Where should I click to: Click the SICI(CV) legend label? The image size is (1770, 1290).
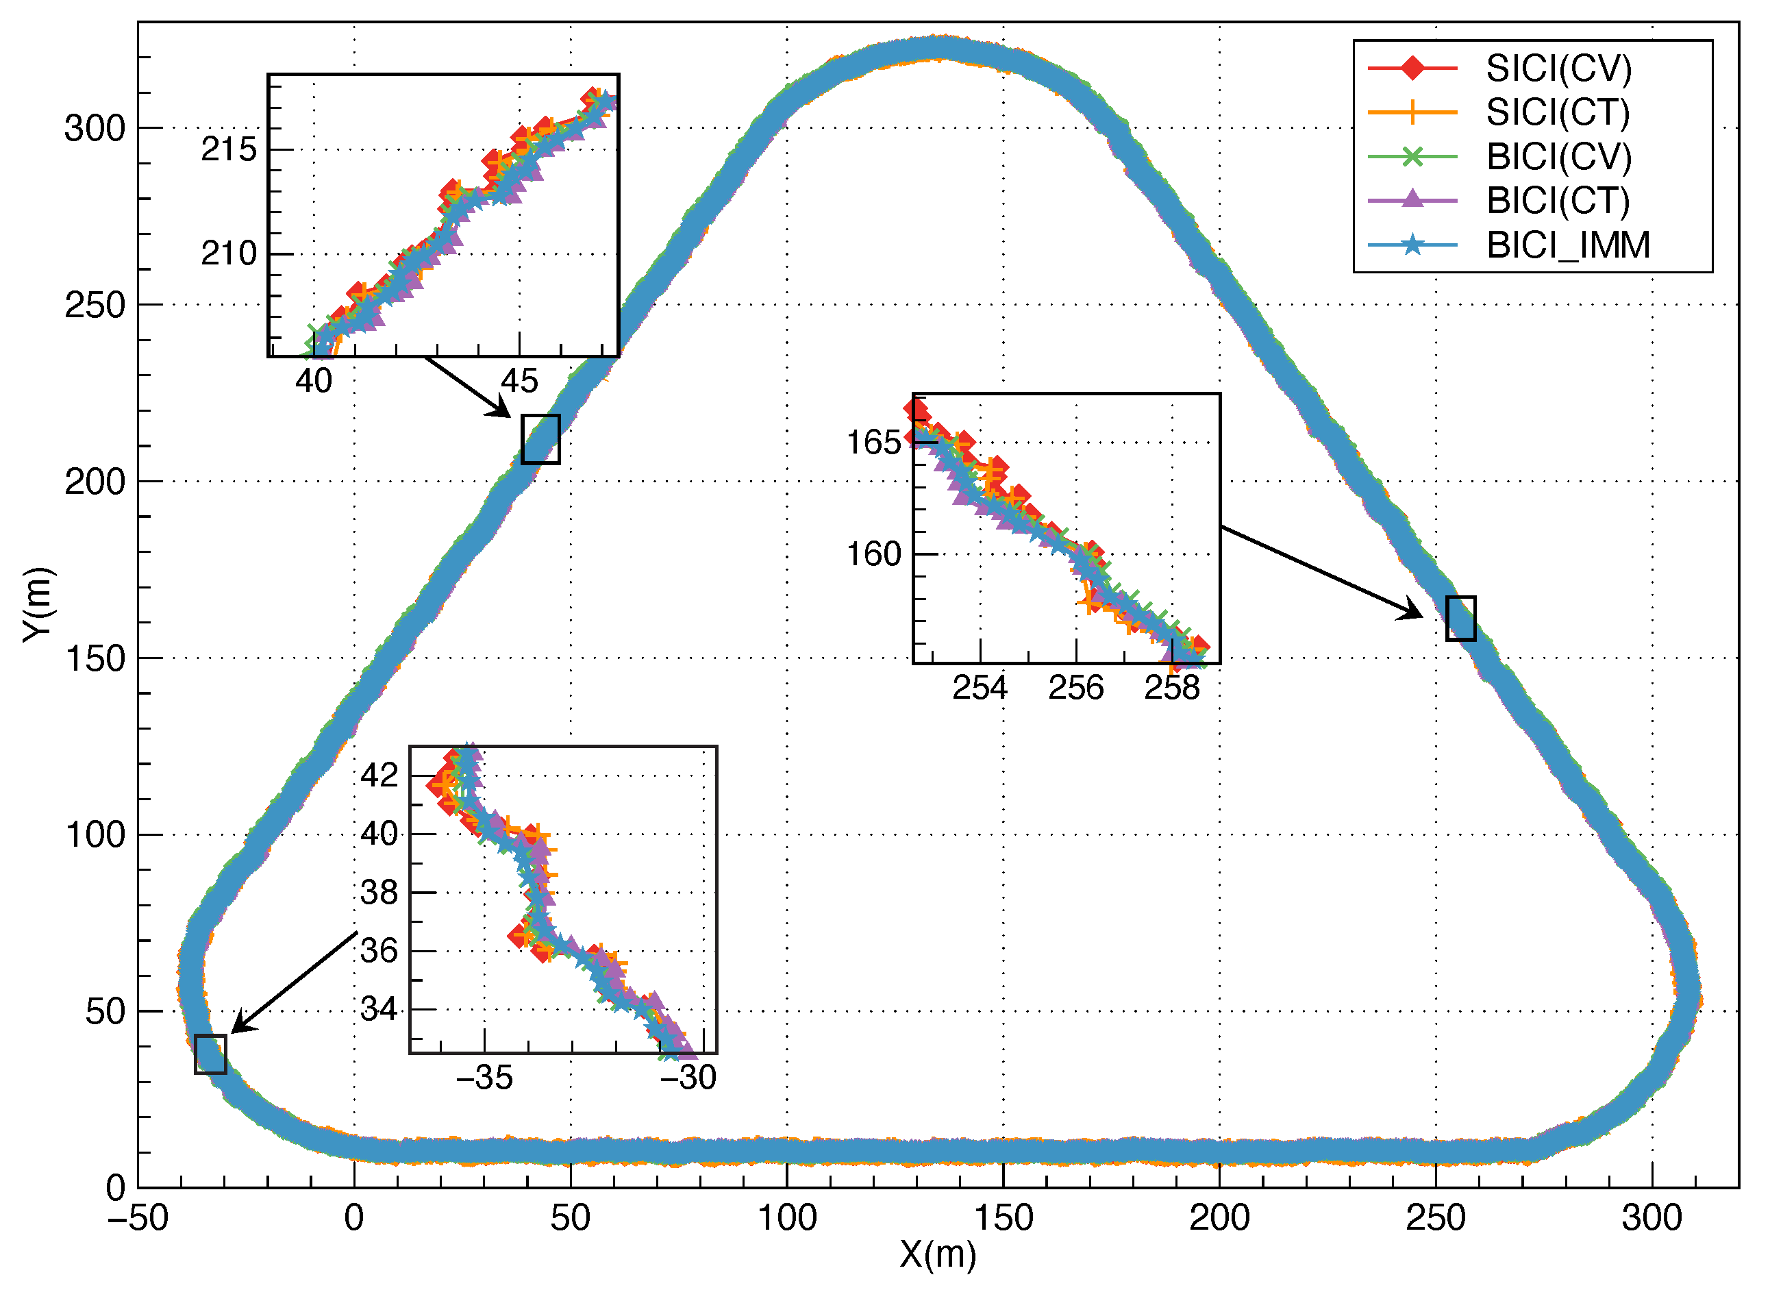[1558, 69]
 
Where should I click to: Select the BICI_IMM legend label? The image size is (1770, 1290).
[1568, 245]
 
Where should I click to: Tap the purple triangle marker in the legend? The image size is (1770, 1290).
[1412, 200]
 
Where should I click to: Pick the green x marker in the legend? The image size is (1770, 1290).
[1412, 156]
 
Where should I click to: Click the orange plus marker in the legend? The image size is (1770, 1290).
[1412, 112]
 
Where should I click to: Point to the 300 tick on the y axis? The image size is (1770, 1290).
[95, 128]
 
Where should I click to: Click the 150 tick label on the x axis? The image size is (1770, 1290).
[1004, 1217]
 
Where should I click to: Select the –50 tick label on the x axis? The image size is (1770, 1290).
[138, 1217]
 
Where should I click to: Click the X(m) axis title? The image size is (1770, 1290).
[938, 1255]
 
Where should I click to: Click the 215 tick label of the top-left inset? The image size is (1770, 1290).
[228, 149]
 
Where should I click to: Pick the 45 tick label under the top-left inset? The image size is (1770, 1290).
[519, 381]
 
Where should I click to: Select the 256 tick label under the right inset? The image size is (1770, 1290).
[1075, 688]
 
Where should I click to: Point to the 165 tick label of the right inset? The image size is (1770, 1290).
[873, 443]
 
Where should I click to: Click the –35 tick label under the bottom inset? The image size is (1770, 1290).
[484, 1078]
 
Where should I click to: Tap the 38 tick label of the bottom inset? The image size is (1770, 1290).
[379, 892]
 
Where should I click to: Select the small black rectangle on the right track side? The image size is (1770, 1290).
[1460, 619]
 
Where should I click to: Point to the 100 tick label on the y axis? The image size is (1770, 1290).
[95, 834]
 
